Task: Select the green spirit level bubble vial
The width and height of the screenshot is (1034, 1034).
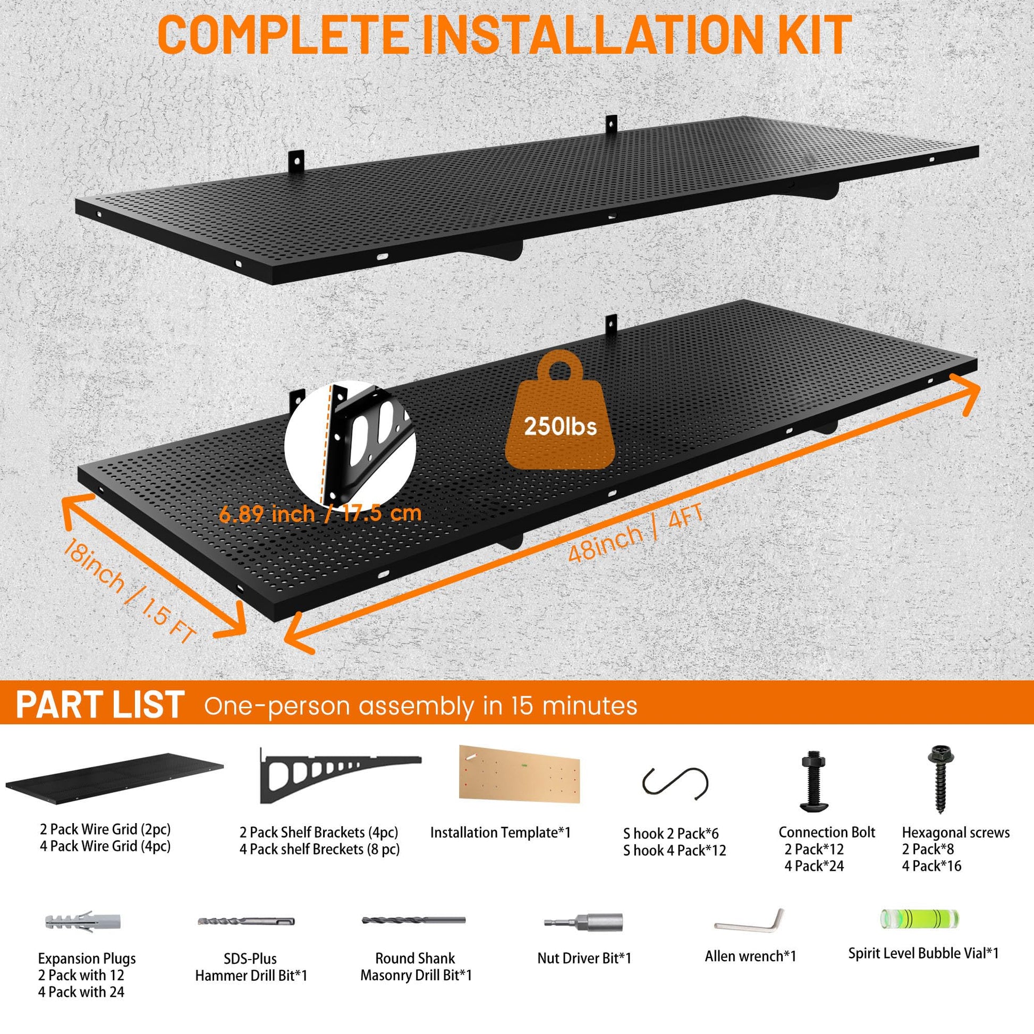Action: pos(919,918)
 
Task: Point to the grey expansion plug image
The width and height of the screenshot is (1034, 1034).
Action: pos(83,921)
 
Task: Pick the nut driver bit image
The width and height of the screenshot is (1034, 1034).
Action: pos(583,922)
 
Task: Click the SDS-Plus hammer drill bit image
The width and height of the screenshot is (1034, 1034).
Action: pos(246,921)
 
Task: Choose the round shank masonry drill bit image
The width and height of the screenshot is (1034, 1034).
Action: pos(414,920)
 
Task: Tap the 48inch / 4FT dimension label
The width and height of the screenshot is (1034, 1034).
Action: pos(635,534)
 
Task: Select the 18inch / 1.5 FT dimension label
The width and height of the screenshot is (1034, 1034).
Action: pos(129,591)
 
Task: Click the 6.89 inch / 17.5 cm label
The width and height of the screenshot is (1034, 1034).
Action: pos(320,514)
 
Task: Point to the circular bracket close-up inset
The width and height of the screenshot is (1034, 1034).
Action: pos(350,446)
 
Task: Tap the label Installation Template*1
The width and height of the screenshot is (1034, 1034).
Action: pos(501,833)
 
